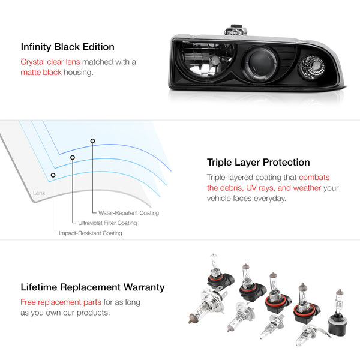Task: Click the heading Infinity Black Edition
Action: [x=67, y=47]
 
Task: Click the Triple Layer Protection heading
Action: [x=258, y=162]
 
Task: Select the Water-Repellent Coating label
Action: [x=125, y=213]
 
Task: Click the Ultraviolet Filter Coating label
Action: [x=107, y=223]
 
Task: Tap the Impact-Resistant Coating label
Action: [x=90, y=233]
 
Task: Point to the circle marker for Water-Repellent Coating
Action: [x=92, y=141]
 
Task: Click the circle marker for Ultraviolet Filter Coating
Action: [x=73, y=158]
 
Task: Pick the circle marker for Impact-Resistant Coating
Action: [x=53, y=175]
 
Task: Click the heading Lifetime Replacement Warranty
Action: [x=92, y=288]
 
